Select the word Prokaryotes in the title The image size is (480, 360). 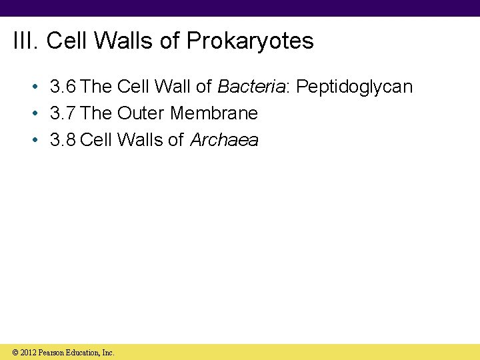(x=250, y=41)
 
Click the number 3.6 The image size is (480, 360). (x=63, y=87)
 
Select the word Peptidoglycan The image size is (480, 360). (x=354, y=87)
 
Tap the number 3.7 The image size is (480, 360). (x=63, y=113)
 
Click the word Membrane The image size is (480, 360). (x=213, y=113)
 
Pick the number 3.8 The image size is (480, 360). (x=63, y=140)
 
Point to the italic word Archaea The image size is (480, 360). (x=225, y=140)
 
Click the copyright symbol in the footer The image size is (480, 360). (x=15, y=352)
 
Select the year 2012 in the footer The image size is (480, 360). (x=28, y=352)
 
